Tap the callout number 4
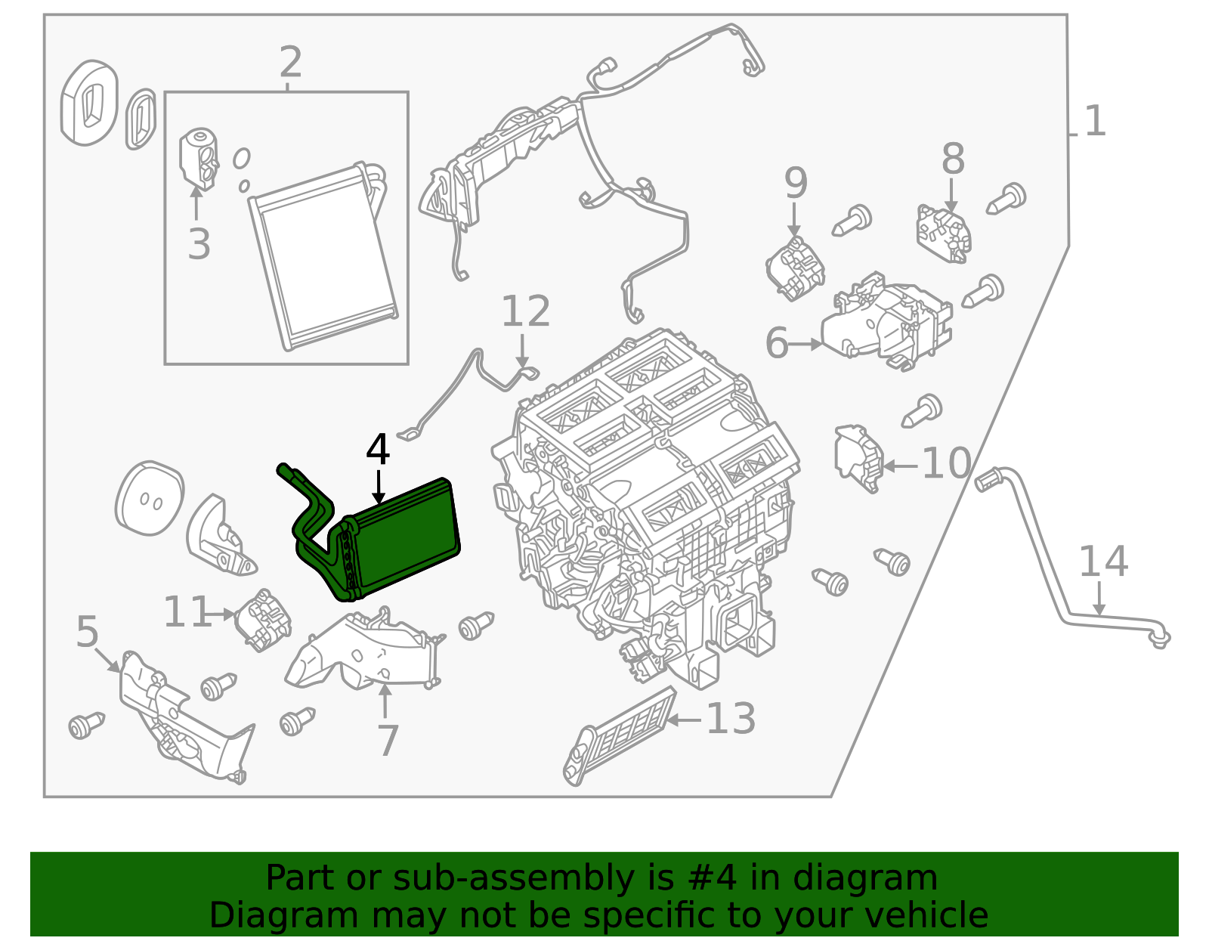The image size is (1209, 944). [x=378, y=450]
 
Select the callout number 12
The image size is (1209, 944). [x=525, y=311]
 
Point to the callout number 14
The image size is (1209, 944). [x=1102, y=562]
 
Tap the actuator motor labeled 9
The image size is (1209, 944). [x=795, y=268]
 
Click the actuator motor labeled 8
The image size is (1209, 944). [x=944, y=233]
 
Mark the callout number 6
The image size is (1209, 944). [x=777, y=344]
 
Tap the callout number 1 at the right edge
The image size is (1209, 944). [x=1094, y=122]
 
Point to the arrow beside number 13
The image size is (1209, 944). [x=683, y=720]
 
